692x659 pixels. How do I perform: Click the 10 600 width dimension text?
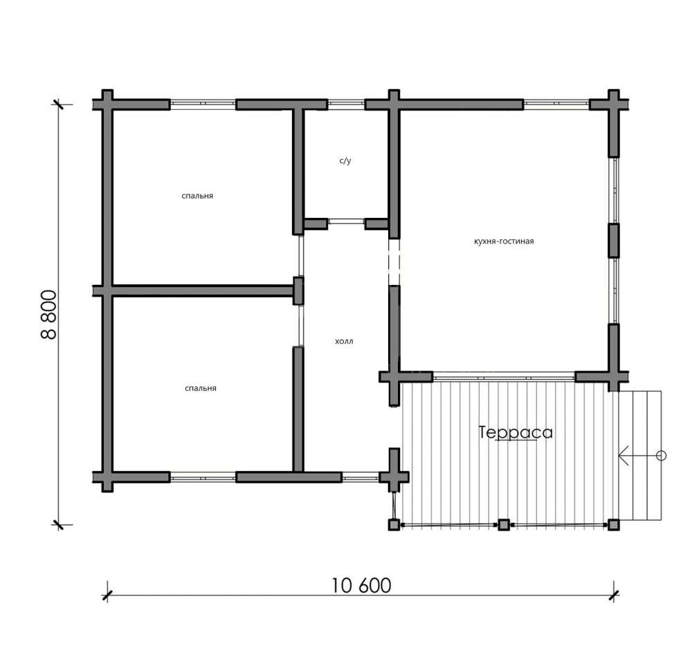pyautogui.click(x=361, y=586)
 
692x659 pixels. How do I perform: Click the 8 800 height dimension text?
pyautogui.click(x=49, y=315)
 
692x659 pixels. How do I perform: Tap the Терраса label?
pyautogui.click(x=516, y=432)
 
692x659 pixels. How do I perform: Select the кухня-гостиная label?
pyautogui.click(x=504, y=241)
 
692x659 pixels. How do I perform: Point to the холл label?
pyautogui.click(x=344, y=341)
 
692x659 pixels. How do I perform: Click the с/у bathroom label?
pyautogui.click(x=345, y=160)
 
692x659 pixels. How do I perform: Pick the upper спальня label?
pyautogui.click(x=197, y=196)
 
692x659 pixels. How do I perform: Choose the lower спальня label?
pyautogui.click(x=201, y=388)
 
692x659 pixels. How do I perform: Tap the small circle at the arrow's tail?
pyautogui.click(x=661, y=456)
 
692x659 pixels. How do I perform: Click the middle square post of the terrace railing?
pyautogui.click(x=504, y=524)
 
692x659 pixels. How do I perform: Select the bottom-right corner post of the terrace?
pyautogui.click(x=613, y=524)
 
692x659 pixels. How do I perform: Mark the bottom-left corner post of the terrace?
pyautogui.click(x=394, y=524)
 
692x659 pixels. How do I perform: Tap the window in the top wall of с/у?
pyautogui.click(x=346, y=104)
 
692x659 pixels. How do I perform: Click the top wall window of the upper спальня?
pyautogui.click(x=203, y=104)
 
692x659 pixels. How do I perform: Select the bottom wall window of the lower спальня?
pyautogui.click(x=203, y=477)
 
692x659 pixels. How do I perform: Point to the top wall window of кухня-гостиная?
pyautogui.click(x=556, y=104)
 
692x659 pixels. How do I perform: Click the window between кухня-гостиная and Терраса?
pyautogui.click(x=504, y=377)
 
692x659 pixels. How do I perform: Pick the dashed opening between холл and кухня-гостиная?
pyautogui.click(x=394, y=262)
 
